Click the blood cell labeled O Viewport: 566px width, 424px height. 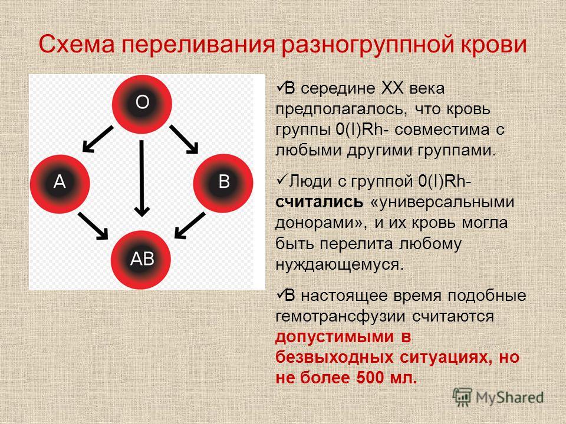coord(142,104)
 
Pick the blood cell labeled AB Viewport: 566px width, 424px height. coord(141,260)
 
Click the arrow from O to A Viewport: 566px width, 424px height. coord(98,139)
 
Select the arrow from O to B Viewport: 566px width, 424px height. coord(184,139)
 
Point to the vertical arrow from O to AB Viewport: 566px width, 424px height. coord(142,178)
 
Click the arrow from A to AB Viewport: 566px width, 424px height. coord(93,226)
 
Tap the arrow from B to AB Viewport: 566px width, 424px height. coord(190,226)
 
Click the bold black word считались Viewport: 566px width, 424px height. coord(319,202)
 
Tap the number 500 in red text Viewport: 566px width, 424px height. coord(368,377)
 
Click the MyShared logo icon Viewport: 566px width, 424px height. coord(462,397)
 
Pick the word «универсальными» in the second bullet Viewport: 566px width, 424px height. coord(442,202)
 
